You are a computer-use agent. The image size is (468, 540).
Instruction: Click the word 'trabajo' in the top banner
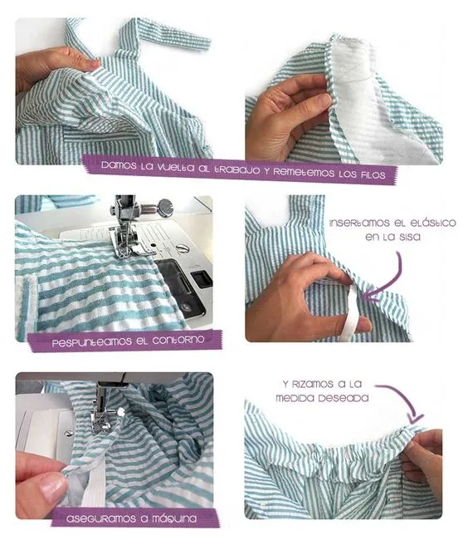pos(236,169)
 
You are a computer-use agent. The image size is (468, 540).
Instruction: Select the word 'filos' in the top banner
pos(373,174)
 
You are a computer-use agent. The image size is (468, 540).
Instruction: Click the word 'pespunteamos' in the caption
pos(92,342)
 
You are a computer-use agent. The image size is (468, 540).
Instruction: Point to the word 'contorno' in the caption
pos(178,340)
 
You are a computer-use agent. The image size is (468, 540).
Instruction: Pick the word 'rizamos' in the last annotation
pos(313,384)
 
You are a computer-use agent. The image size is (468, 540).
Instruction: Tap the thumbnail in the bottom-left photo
pos(51,488)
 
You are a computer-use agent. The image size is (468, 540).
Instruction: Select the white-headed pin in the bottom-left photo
pos(120,411)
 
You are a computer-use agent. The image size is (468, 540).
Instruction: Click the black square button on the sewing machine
pos(202,277)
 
